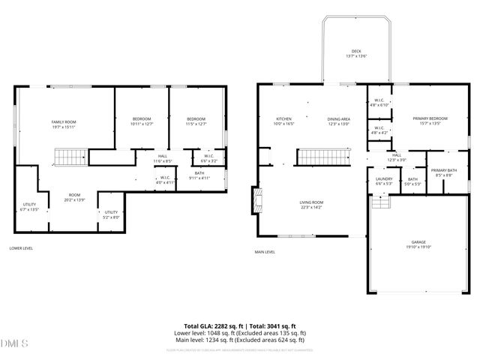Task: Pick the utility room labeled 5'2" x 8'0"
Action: click(111, 214)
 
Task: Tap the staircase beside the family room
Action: click(71, 157)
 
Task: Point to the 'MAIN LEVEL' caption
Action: click(265, 252)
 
